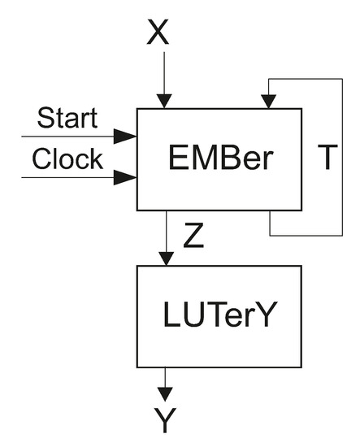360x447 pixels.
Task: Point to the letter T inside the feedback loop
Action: pyautogui.click(x=325, y=158)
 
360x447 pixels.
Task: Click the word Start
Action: pyautogui.click(x=67, y=119)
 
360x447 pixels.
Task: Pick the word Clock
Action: pyautogui.click(x=67, y=158)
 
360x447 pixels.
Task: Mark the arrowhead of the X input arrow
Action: pyautogui.click(x=165, y=101)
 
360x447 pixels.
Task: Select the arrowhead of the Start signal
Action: pyautogui.click(x=125, y=136)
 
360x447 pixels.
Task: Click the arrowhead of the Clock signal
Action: pyautogui.click(x=125, y=176)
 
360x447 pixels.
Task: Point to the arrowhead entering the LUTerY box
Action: pyautogui.click(x=166, y=258)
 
